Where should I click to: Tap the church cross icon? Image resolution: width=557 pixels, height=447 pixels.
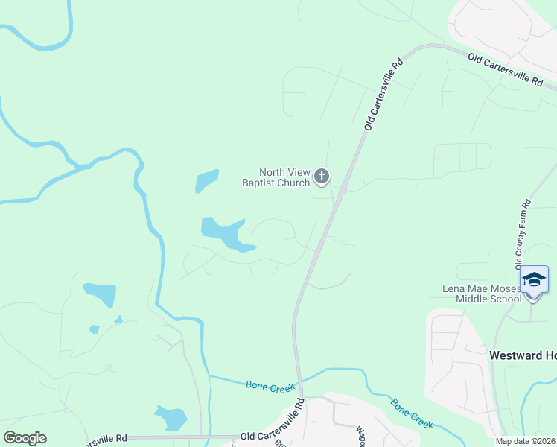(x=322, y=177)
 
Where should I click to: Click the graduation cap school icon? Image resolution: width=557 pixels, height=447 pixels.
(x=534, y=279)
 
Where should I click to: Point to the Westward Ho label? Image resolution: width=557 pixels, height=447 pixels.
(x=522, y=355)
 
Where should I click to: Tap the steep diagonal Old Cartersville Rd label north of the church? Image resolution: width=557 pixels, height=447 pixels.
(x=383, y=94)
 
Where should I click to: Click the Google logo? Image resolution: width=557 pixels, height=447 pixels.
(x=25, y=438)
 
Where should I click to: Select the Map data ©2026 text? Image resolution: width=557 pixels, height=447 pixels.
(x=525, y=441)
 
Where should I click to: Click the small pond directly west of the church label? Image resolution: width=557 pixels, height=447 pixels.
(x=207, y=181)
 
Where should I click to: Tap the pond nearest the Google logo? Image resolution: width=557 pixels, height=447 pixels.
(x=171, y=417)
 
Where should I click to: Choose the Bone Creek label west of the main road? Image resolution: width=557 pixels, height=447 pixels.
(x=270, y=385)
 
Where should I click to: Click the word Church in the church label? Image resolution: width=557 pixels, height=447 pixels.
(x=290, y=183)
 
